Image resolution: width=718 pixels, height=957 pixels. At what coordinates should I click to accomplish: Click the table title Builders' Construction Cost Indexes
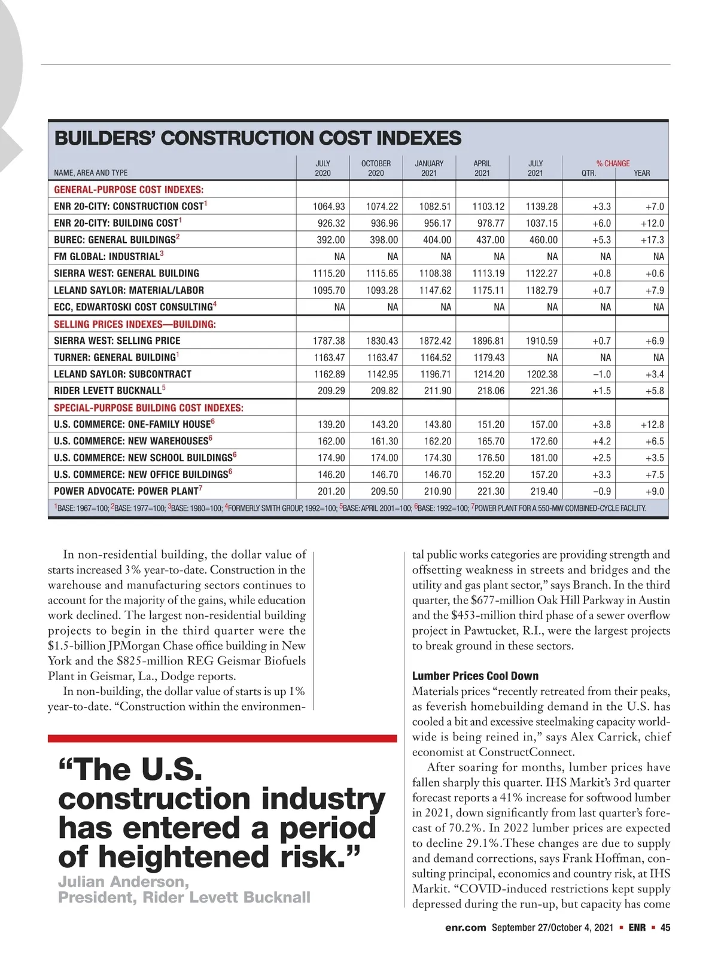coord(258,138)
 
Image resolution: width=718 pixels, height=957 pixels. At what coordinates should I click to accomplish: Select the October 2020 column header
coord(376,168)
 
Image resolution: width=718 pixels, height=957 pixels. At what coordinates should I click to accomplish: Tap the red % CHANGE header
coord(613,163)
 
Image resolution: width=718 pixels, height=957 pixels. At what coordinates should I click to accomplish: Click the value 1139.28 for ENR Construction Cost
coord(541,206)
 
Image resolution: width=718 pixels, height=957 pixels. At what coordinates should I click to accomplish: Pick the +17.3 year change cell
coord(652,240)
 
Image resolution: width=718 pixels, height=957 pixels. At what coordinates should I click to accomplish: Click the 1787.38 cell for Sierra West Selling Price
coord(328,341)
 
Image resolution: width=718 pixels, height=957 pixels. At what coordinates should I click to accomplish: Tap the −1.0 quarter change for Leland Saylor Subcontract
coord(601,374)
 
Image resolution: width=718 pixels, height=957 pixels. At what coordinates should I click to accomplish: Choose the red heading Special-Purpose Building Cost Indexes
coord(148,408)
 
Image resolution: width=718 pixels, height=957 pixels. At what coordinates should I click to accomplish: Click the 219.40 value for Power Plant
coord(544,492)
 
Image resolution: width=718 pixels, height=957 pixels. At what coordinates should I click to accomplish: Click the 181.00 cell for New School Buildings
coord(544,458)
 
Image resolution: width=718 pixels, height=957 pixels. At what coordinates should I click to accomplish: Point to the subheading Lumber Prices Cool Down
coord(475,676)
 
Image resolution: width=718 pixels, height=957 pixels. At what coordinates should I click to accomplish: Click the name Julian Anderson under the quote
coord(123,882)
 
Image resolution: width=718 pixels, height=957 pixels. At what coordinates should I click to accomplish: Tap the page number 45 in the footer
coord(665,928)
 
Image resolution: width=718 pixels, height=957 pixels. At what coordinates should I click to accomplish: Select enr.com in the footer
coord(466,928)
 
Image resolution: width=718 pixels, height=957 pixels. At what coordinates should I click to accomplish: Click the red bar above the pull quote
coord(222,738)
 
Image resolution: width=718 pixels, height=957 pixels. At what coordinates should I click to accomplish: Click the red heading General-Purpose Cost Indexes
coord(129,190)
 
